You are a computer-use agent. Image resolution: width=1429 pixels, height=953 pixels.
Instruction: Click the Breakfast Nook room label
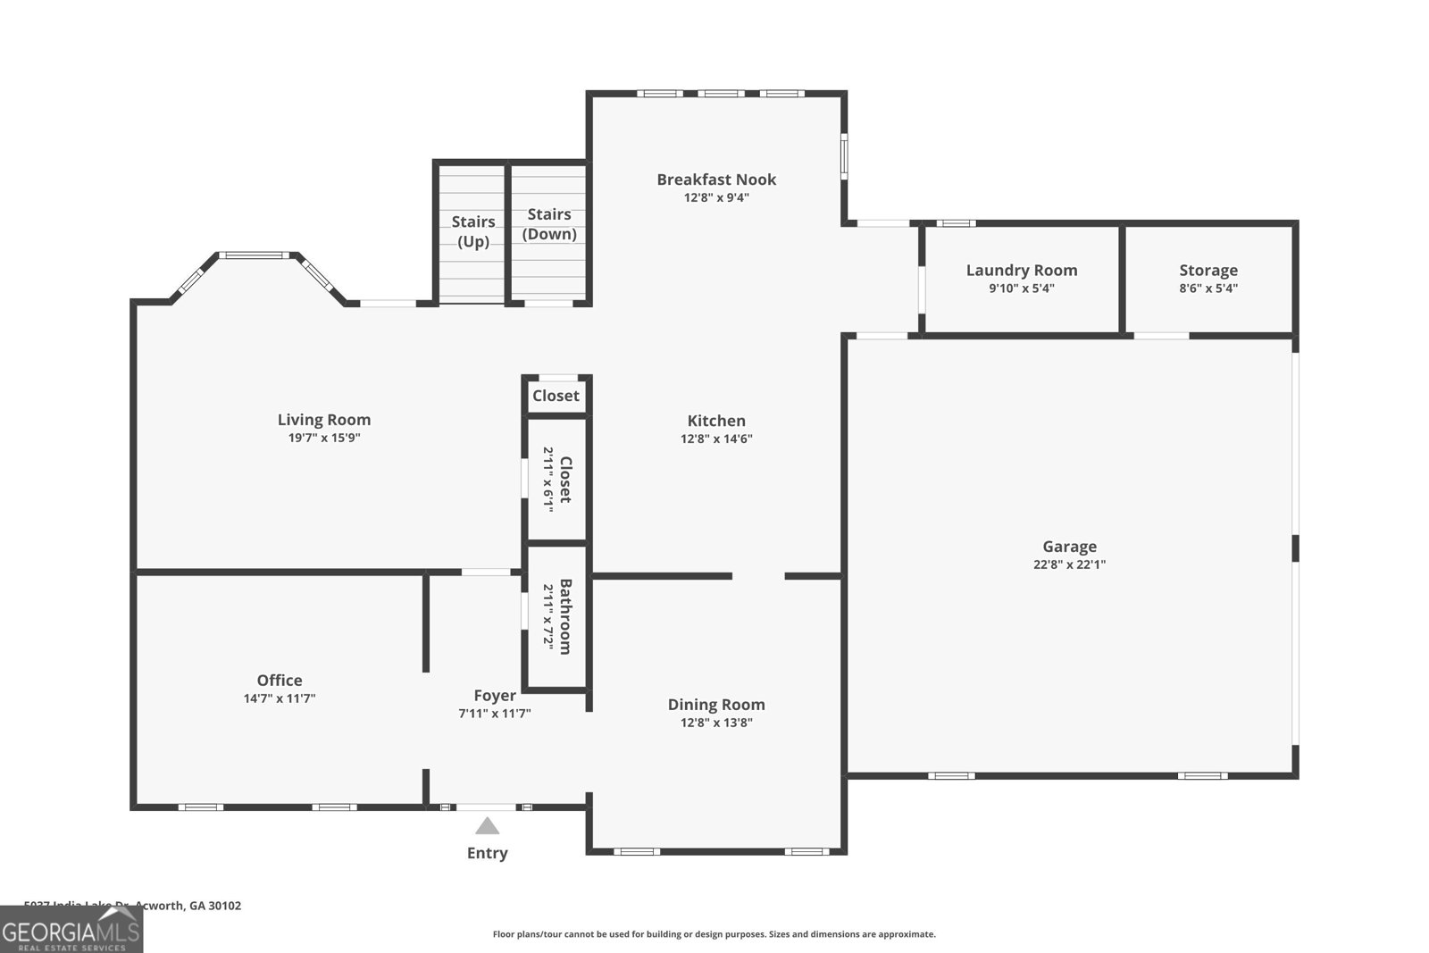coord(716,180)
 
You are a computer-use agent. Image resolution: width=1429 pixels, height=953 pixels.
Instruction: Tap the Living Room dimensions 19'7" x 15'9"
coord(323,438)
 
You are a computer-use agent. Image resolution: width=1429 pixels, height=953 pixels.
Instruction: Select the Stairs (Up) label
coord(473,231)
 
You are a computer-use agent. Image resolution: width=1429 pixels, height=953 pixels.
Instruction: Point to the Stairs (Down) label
coord(549,223)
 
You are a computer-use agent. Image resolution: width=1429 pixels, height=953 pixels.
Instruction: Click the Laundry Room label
coord(1022,270)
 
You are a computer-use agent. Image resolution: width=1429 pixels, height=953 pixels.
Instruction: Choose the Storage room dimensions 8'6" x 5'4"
coord(1208,288)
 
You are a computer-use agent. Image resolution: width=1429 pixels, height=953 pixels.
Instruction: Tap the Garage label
coord(1069,547)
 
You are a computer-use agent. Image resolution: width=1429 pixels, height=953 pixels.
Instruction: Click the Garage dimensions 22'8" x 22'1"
coord(1069,564)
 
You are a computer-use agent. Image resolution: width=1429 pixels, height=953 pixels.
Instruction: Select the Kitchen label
coord(716,421)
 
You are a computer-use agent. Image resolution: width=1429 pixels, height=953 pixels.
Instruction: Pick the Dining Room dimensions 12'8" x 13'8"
coord(716,723)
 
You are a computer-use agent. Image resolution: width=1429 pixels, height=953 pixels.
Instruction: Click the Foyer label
coord(495,696)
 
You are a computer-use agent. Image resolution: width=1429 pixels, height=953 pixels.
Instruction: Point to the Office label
coord(280,681)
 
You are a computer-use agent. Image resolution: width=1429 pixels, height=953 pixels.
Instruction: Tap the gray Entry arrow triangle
coord(487,826)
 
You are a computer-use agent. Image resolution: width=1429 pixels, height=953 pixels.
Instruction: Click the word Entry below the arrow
coord(487,853)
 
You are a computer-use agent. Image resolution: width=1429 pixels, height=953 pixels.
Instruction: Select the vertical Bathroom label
coord(565,616)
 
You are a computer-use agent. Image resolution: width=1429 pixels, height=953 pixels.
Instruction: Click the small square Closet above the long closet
coord(556,396)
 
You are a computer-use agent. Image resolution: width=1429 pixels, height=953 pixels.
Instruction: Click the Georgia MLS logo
coord(71,930)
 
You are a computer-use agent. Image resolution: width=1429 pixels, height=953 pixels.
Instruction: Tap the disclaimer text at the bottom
coord(714,934)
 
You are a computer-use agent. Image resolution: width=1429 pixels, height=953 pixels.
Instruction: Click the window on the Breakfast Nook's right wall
coord(844,156)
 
